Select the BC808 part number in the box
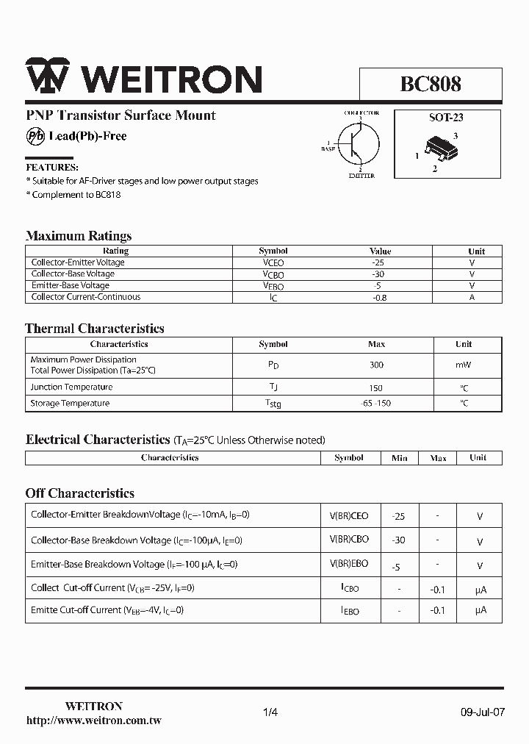pos(431,84)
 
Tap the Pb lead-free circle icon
pos(35,136)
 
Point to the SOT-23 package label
pos(446,117)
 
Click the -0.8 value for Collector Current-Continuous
pos(380,297)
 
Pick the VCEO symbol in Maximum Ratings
pos(273,262)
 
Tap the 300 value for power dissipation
pos(377,365)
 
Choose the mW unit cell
pos(464,365)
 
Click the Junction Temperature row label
pos(71,387)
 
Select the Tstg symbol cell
pos(273,403)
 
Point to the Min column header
pos(399,457)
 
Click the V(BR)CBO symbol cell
pos(349,540)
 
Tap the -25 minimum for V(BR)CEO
pos(398,516)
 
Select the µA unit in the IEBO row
pos(481,610)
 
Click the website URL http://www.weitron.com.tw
pos(93,721)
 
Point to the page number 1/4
pos(270,712)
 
